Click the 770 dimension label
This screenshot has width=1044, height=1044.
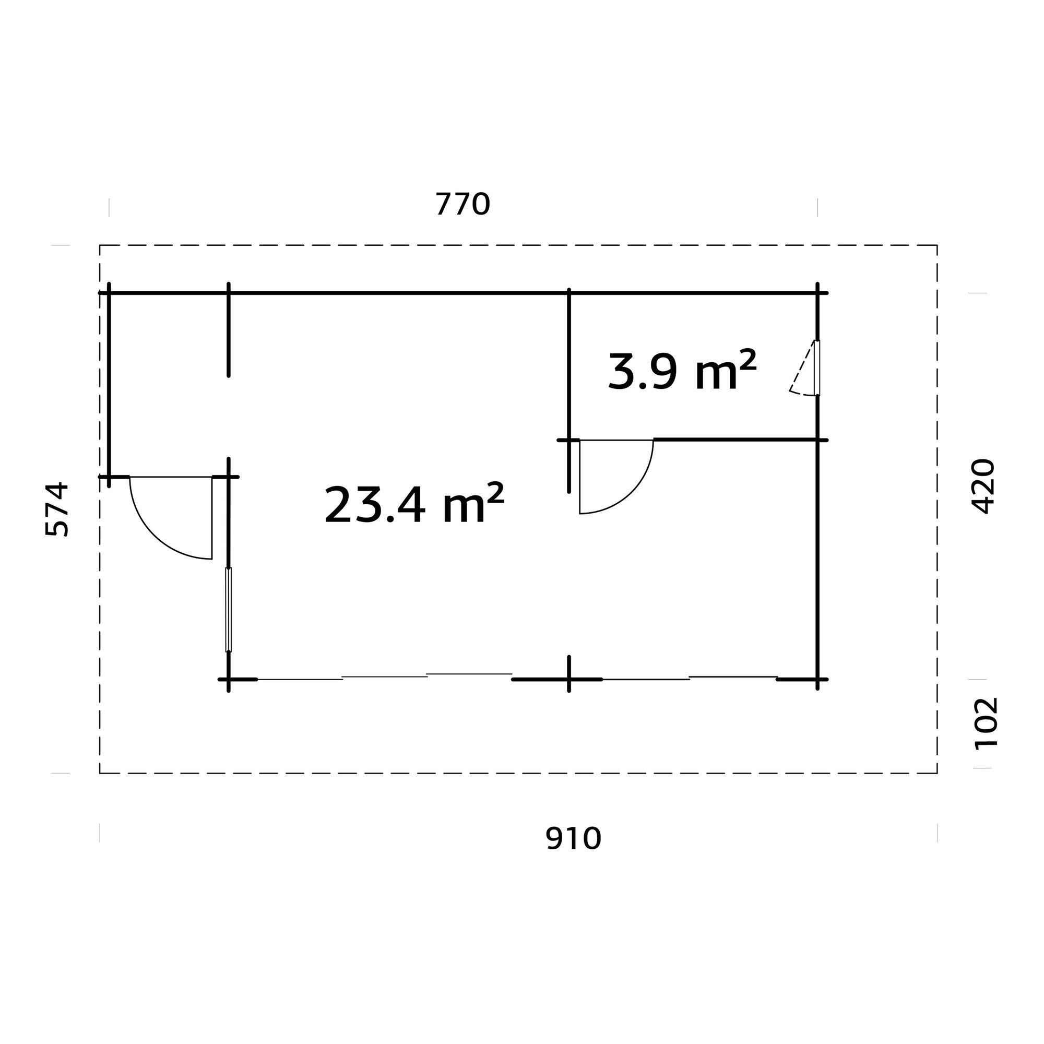462,204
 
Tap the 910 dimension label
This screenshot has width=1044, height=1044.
573,839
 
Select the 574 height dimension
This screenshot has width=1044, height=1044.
57,509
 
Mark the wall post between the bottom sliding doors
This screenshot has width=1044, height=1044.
569,679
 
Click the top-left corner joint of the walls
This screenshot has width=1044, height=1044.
109,293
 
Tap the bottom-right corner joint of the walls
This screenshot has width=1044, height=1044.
817,679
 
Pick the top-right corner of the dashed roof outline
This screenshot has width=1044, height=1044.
937,245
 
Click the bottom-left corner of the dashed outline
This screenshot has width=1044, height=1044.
100,773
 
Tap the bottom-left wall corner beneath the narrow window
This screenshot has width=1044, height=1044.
229,679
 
